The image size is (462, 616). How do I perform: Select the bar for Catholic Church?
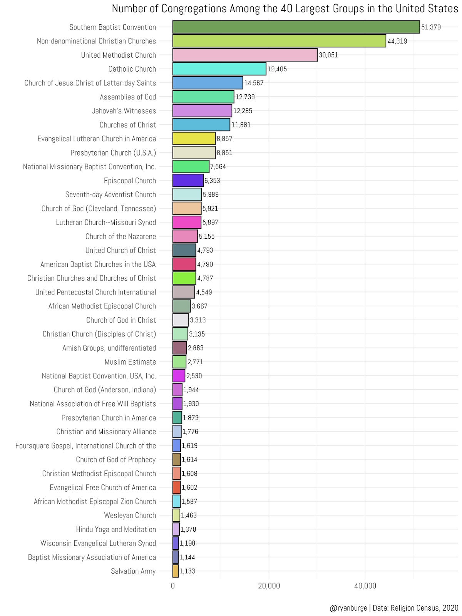219,69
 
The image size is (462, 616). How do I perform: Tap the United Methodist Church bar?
245,55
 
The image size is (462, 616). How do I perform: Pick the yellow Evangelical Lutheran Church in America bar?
194,139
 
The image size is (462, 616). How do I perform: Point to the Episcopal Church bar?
188,181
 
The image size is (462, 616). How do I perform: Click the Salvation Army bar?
176,571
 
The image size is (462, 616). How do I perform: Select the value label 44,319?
397,41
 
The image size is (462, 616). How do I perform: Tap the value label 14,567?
254,83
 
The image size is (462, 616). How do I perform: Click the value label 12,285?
243,111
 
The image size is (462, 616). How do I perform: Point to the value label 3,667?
199,306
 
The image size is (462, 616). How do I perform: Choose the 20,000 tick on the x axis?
269,586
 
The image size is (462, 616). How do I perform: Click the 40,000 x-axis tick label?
365,586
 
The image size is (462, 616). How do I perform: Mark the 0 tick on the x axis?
172,586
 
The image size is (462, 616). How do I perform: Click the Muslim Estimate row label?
130,362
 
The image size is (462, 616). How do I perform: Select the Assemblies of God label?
128,97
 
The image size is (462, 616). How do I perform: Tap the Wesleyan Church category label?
130,515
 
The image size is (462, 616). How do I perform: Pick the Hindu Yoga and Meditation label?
116,529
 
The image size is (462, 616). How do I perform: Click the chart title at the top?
285,8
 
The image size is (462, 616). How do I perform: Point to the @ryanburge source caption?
394,608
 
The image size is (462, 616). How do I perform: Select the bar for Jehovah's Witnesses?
202,111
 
